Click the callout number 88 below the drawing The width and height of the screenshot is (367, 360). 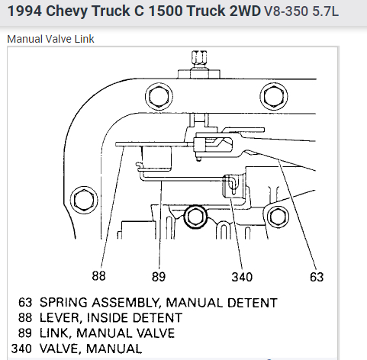[x=98, y=275]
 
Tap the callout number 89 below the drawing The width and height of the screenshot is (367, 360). [x=159, y=277]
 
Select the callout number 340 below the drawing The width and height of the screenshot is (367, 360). [x=242, y=277]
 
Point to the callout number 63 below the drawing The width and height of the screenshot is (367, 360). [x=317, y=277]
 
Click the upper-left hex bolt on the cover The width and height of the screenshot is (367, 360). [x=159, y=97]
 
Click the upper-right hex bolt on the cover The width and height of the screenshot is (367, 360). [x=274, y=97]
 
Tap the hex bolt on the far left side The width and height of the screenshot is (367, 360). [x=84, y=200]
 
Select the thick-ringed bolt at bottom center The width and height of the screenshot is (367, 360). [x=195, y=217]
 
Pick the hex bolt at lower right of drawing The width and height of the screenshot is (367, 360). [x=278, y=217]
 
